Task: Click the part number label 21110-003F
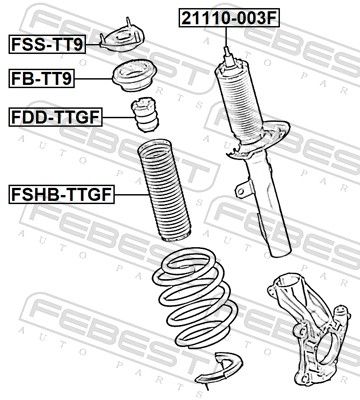[x=229, y=18]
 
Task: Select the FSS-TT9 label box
[x=47, y=44]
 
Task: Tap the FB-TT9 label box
[x=42, y=79]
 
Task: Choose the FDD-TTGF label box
[x=55, y=117]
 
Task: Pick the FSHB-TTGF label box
[x=62, y=194]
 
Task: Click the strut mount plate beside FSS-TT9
[x=123, y=38]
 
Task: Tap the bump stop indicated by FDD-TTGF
[x=144, y=114]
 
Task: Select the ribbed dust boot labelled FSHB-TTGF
[x=163, y=191]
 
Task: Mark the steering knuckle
[x=308, y=328]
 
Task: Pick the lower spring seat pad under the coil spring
[x=218, y=368]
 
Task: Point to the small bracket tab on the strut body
[x=242, y=189]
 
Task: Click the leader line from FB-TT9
[x=93, y=79]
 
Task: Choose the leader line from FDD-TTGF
[x=117, y=117]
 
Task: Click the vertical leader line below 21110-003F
[x=226, y=37]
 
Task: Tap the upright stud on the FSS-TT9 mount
[x=128, y=25]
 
